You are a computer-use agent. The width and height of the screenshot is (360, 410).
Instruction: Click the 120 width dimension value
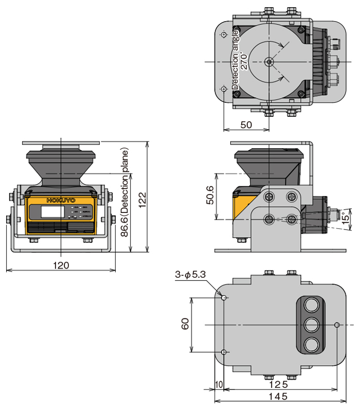coord(61,265)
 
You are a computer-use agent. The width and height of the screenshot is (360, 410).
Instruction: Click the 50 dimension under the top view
coord(246,125)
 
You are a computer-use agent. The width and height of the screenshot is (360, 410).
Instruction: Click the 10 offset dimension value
coord(219,384)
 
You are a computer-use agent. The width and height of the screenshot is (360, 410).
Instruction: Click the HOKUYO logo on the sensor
coord(61,200)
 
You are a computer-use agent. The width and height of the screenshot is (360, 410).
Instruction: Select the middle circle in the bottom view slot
coord(311,325)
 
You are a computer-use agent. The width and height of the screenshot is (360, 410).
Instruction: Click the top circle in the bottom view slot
coord(311,305)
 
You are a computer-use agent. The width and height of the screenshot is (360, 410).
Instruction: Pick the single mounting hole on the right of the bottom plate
coord(337,325)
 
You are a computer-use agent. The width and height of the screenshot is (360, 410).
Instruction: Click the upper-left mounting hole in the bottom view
coord(224,297)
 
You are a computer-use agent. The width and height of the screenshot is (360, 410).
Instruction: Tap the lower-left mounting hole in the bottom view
coord(224,352)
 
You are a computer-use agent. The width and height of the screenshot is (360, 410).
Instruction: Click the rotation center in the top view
coord(268,62)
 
